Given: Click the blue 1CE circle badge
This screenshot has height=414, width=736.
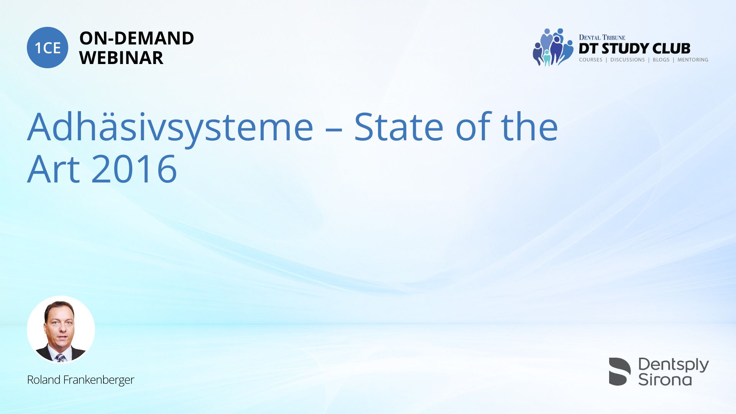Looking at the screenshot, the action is point(48,48).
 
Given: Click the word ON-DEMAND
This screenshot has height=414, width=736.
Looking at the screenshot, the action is point(136,38).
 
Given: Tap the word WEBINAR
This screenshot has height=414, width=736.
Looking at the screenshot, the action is point(121,58).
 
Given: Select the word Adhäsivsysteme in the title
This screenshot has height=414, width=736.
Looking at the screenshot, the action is point(171,129).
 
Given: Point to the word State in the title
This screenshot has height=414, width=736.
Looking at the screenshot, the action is point(399,127).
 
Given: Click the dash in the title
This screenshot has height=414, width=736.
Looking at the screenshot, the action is point(333,130).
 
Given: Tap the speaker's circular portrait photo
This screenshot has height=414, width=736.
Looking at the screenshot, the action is point(61,330).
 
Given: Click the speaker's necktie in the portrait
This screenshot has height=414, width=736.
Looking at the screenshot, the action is point(60,358).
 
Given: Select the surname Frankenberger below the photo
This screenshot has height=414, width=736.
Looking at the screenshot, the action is point(99,380).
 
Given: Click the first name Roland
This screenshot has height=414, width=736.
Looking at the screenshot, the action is point(44,380).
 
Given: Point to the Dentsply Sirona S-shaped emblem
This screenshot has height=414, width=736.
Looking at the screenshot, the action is point(619,371).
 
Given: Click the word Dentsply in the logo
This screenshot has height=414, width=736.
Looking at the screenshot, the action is point(674,365).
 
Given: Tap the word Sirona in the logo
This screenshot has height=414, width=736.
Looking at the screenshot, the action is point(665,379).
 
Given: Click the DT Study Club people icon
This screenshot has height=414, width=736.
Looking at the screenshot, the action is point(553,47).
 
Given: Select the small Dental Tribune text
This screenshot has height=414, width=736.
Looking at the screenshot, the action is point(602,38).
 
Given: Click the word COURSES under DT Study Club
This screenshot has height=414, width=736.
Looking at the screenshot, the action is point(591,60).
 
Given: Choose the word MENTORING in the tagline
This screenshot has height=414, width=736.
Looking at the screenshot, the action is point(693,60).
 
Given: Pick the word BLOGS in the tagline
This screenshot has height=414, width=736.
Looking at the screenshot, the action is point(661,60).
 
